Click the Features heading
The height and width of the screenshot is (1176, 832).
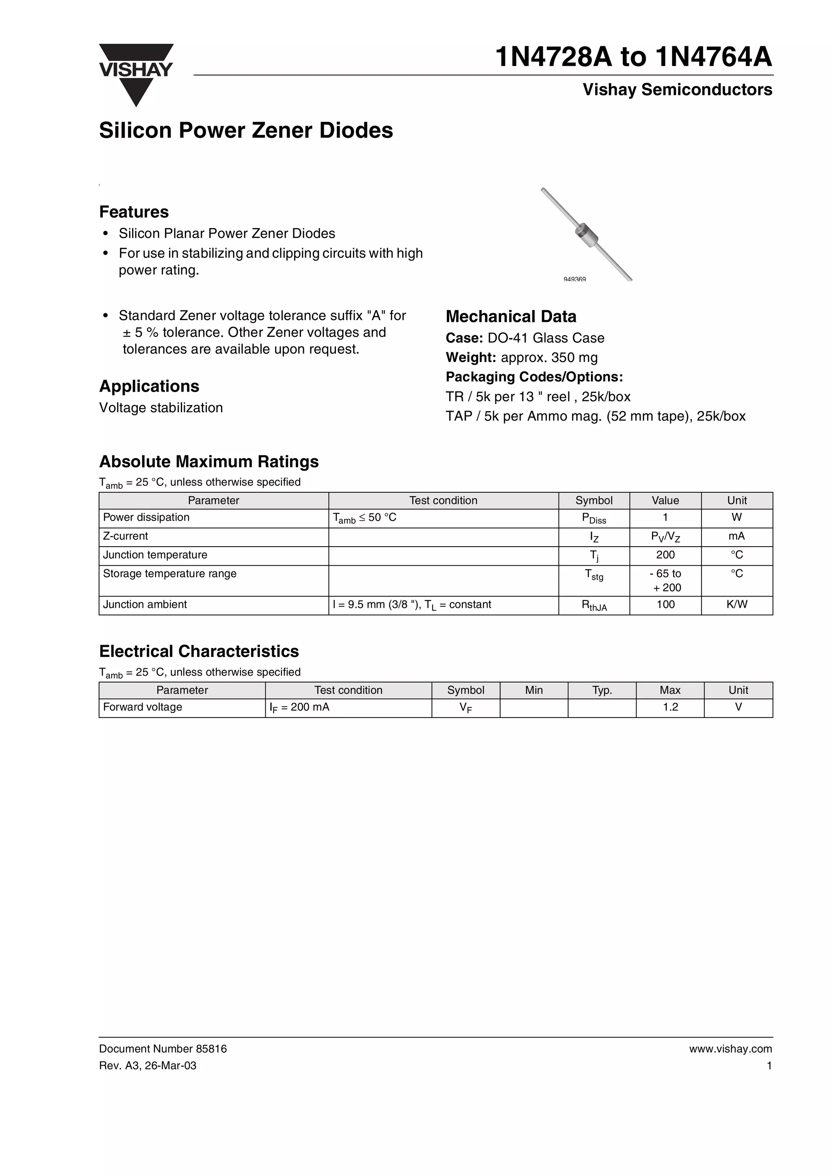click(134, 211)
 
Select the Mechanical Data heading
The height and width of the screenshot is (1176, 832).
click(511, 316)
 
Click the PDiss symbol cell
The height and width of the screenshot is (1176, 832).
click(594, 518)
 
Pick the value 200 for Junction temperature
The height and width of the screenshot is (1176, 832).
click(665, 555)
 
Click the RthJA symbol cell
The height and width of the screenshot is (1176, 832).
click(594, 605)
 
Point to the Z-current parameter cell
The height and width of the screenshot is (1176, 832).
click(126, 536)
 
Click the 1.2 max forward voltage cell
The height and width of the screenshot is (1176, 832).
click(669, 707)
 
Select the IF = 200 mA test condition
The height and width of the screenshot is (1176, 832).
click(299, 707)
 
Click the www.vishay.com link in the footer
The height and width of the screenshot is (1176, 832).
click(730, 1049)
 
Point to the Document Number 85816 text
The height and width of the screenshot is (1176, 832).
click(162, 1049)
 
